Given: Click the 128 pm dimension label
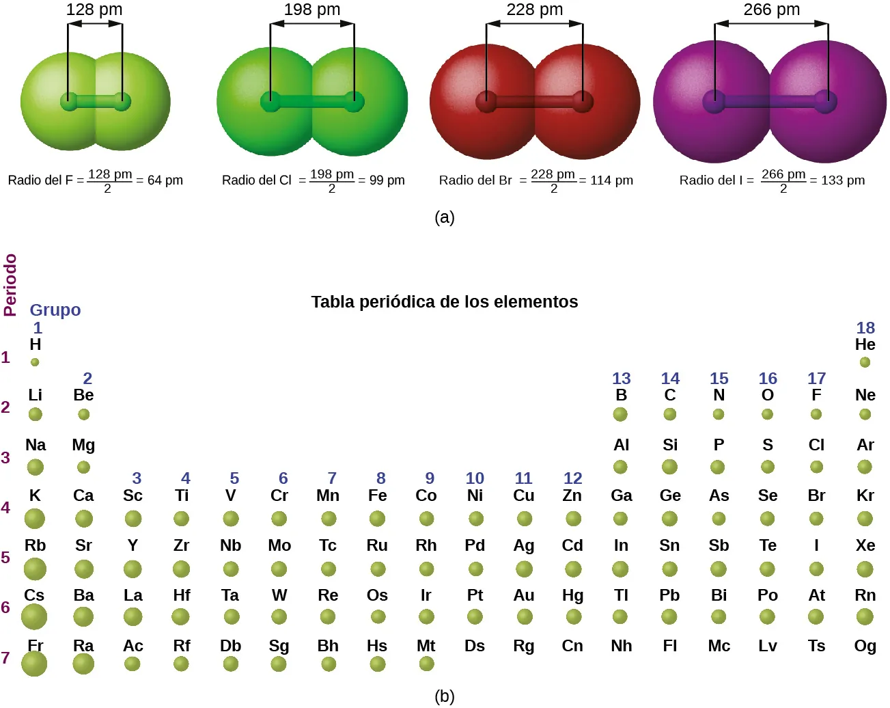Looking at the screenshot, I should [x=94, y=10].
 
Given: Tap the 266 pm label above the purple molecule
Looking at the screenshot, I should [x=771, y=10].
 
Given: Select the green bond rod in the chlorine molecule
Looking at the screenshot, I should [x=312, y=103].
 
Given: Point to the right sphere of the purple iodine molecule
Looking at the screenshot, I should [x=837, y=103].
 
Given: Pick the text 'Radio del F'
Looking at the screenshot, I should [x=40, y=180].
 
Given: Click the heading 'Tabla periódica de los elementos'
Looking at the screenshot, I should [x=444, y=302].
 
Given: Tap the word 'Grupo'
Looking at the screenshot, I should [x=55, y=310].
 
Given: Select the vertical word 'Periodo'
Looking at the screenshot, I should [x=10, y=284].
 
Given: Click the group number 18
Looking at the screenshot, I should [x=865, y=328].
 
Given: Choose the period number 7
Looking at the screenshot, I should [x=5, y=658].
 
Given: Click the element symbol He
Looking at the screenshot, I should [x=865, y=344].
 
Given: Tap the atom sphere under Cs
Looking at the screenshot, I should [x=34, y=617].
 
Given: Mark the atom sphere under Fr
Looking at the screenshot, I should [x=34, y=664].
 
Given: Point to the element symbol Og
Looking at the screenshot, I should [x=865, y=646].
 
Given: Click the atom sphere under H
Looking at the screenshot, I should [x=35, y=362].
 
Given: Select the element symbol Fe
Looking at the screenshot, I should [x=377, y=495].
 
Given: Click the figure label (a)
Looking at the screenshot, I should [x=444, y=217].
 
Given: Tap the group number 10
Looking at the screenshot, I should [x=475, y=478].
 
